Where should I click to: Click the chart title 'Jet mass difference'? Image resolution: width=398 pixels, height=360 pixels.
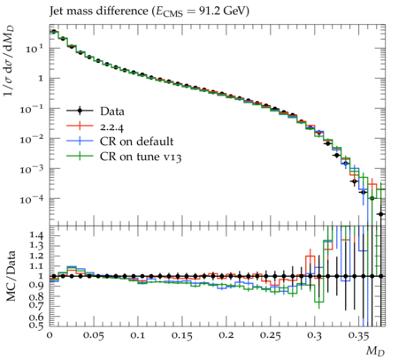click(x=99, y=11)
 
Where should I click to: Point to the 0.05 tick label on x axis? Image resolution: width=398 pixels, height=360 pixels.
click(x=93, y=335)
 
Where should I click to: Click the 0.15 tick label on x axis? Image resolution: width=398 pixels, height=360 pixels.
click(x=182, y=335)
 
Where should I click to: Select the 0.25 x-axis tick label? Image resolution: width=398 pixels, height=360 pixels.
click(x=271, y=335)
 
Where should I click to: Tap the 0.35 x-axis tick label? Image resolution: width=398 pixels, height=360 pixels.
click(x=358, y=335)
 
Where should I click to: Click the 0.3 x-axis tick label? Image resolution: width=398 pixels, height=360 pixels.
click(x=314, y=335)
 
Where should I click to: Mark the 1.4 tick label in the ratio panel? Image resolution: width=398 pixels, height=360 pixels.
click(x=37, y=235)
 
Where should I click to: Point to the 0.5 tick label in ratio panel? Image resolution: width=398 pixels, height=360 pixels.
click(x=37, y=325)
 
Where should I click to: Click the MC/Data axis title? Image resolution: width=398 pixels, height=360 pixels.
click(x=11, y=276)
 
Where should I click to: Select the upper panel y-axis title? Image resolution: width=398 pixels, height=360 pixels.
click(x=10, y=61)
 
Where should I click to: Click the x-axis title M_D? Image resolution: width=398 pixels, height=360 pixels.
click(x=375, y=351)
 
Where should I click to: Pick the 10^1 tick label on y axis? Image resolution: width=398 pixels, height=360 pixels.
click(x=34, y=48)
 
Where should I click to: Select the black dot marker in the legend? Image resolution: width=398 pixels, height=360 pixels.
click(x=80, y=111)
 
